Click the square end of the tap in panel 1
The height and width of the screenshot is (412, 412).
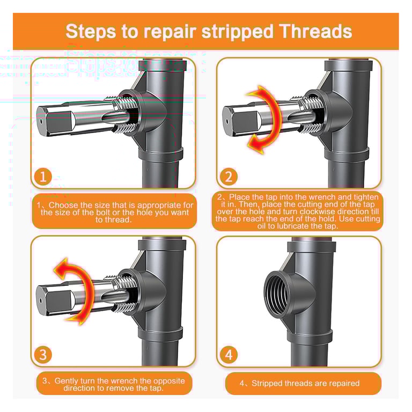[51, 119]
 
